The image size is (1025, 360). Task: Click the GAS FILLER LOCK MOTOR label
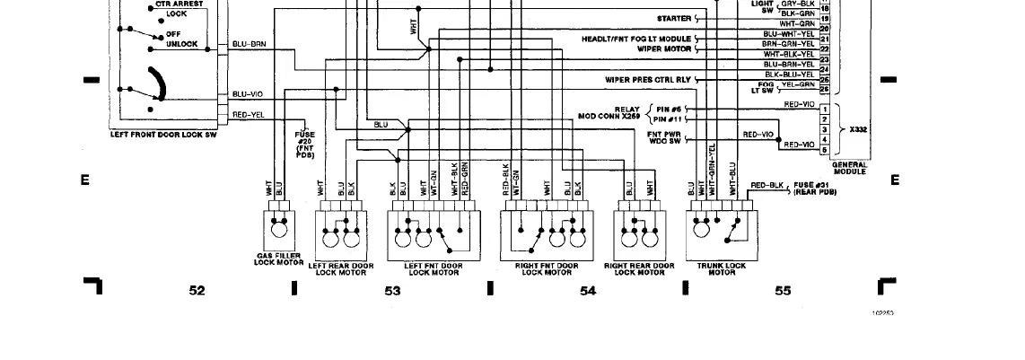click(x=276, y=259)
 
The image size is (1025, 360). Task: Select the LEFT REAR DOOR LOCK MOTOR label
click(x=340, y=268)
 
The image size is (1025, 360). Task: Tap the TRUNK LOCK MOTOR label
click(x=722, y=268)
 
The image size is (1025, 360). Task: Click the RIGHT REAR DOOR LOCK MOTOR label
click(x=639, y=268)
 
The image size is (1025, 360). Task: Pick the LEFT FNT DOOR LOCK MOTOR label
click(x=434, y=268)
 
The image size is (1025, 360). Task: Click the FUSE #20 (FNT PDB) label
click(x=304, y=145)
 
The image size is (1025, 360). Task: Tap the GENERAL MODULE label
click(x=849, y=168)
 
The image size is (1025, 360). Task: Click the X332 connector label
click(x=859, y=129)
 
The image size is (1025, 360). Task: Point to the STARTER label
click(x=674, y=18)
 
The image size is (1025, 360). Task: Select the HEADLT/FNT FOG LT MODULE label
click(x=636, y=40)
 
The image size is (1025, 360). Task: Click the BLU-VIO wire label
click(x=247, y=93)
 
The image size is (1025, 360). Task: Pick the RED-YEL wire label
click(x=248, y=115)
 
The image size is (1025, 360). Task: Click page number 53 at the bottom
click(x=392, y=290)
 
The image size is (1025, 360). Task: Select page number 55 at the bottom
click(x=783, y=290)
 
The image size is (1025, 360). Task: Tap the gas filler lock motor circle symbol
click(x=279, y=231)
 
